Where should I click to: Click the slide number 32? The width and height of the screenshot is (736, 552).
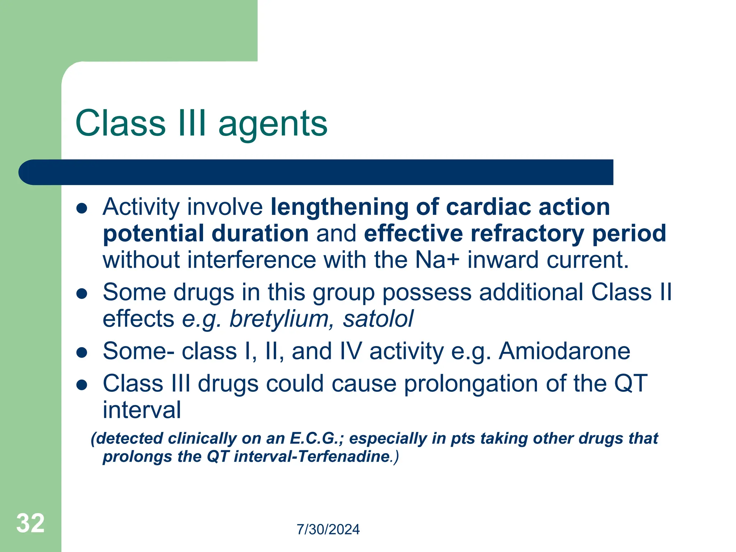point(30,523)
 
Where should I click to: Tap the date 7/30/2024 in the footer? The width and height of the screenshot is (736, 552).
point(328,530)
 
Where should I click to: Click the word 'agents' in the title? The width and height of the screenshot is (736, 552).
point(273,124)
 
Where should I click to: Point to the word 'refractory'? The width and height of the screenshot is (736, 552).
point(527,234)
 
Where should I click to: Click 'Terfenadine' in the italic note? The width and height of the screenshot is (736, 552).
point(344,457)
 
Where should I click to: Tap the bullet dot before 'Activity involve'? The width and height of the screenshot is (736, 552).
point(82,208)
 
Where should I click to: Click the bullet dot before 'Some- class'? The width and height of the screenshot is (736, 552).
point(82,353)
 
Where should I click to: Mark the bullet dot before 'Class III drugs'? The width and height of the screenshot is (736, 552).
point(82,385)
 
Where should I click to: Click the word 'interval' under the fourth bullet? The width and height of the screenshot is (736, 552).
point(142,410)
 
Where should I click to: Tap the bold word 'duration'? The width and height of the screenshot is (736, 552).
point(260,234)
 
